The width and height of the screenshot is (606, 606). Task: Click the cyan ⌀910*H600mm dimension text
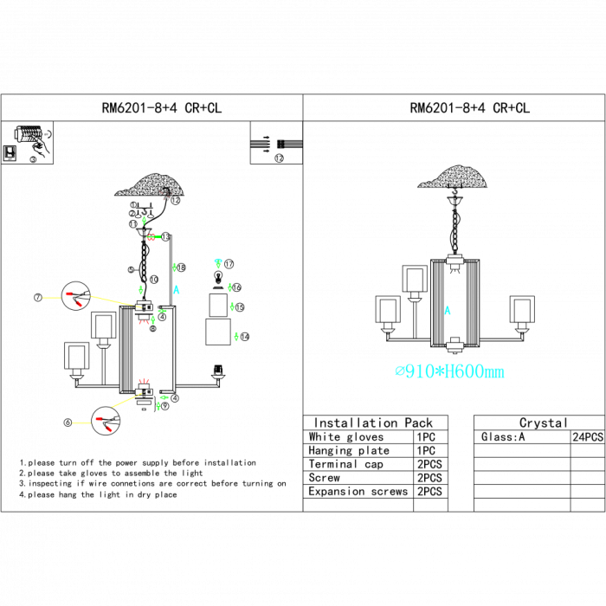(x=449, y=372)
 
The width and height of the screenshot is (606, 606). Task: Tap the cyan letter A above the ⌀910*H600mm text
(x=448, y=310)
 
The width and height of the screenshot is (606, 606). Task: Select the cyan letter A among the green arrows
(x=177, y=290)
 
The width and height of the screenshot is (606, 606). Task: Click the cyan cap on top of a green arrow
(x=218, y=261)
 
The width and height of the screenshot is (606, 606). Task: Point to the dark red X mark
(x=164, y=196)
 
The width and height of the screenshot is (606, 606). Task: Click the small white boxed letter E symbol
(x=10, y=153)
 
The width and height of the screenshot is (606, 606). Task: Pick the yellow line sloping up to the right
(x=126, y=400)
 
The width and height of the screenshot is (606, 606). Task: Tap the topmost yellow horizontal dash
(x=52, y=298)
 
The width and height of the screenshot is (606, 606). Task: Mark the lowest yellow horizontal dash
(x=81, y=422)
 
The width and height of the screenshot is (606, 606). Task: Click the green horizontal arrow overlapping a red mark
(x=154, y=236)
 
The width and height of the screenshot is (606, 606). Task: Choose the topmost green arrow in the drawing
(x=144, y=220)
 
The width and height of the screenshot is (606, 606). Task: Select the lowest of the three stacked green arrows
(x=236, y=337)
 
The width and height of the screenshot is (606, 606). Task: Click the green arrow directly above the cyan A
(x=174, y=268)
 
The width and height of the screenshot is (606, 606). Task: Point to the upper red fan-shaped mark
(x=144, y=322)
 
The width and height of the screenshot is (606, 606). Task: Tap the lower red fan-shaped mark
(x=144, y=380)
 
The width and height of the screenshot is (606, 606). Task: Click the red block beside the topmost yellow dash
(x=69, y=294)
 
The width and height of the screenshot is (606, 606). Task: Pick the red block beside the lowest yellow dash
(x=99, y=419)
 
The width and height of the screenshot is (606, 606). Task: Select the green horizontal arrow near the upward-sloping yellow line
(x=164, y=397)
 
